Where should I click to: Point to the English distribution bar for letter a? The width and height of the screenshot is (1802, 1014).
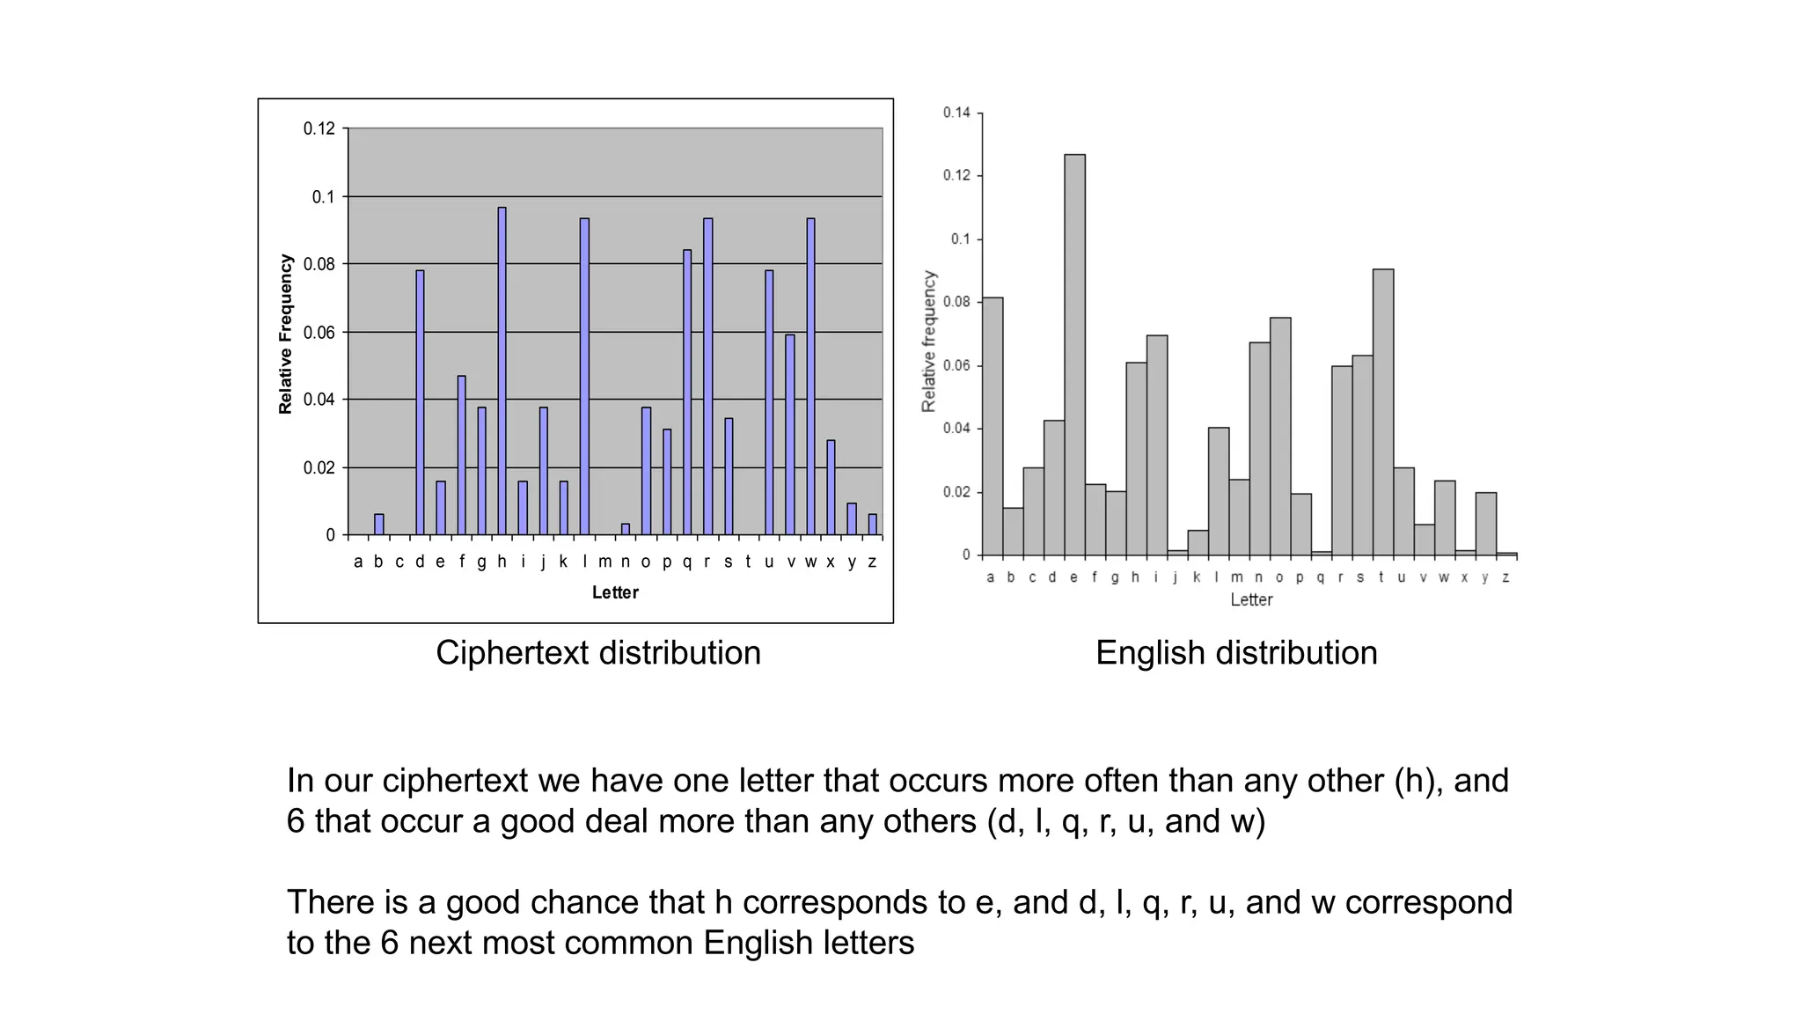[993, 426]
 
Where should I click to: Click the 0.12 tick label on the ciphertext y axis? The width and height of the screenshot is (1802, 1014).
[319, 129]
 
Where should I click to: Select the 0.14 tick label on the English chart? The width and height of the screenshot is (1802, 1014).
[956, 113]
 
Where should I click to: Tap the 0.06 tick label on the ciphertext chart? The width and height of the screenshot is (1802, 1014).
[319, 333]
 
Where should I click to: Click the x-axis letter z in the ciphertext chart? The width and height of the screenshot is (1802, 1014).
[872, 562]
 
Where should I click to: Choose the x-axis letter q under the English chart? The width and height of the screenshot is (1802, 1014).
[1320, 577]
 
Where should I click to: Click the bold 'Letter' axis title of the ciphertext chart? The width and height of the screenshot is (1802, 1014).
[615, 592]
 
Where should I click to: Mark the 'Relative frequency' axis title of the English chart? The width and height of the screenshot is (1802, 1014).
[929, 341]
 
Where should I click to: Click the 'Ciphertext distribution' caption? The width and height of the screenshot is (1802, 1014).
[598, 653]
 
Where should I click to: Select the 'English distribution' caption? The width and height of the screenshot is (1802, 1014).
[1236, 653]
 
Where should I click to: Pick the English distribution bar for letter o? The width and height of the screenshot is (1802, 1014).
[1280, 436]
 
